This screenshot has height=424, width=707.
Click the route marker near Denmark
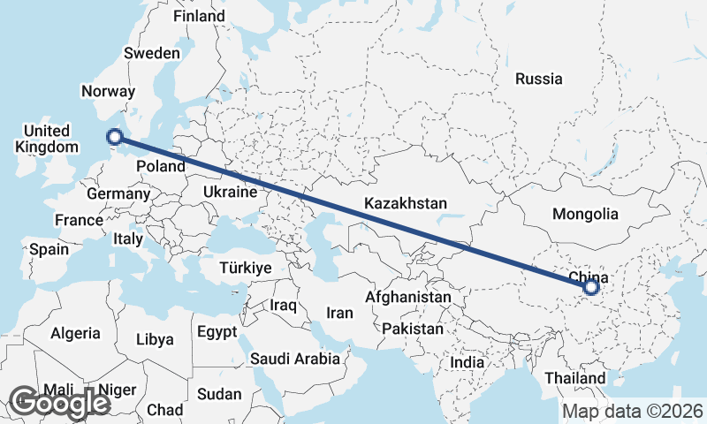coord(114,136)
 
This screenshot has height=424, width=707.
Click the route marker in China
coord(591,286)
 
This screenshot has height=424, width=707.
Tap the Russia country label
coord(538,79)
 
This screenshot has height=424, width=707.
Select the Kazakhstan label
coord(406,203)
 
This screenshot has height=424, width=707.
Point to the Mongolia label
coord(585,214)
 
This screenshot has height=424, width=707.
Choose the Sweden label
coord(152,53)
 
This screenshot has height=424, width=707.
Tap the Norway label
coord(108,91)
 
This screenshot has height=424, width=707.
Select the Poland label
coord(161,166)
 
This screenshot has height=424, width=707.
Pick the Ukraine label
coord(230,192)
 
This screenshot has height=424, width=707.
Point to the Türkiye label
coord(246,268)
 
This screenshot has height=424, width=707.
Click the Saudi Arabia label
coord(295,359)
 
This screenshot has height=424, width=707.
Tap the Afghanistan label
coord(408,298)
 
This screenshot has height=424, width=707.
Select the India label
coord(467,362)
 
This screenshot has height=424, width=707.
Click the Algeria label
coord(74,333)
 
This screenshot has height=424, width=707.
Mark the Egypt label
coord(217,332)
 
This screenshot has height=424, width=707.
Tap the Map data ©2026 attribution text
coord(632,411)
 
